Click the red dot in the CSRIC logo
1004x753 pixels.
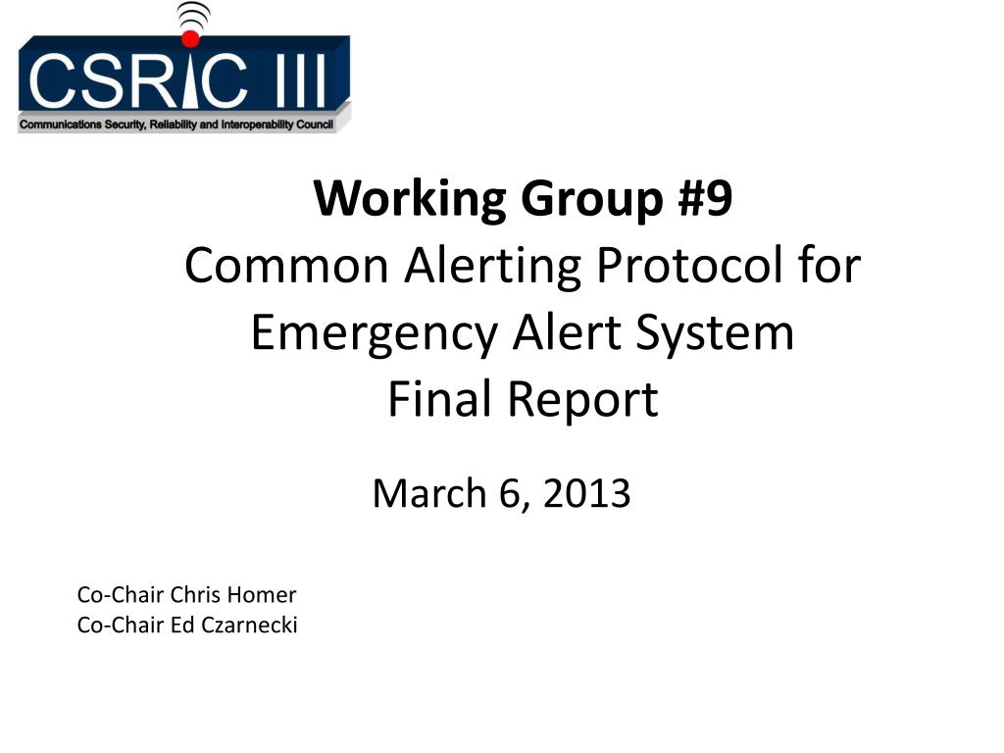coord(190,38)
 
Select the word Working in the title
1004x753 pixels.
coord(410,199)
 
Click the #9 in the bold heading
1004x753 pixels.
coord(705,198)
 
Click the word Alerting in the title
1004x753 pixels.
coord(493,268)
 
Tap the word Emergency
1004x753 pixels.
coord(374,335)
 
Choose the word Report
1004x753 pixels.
coord(582,401)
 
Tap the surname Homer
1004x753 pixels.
coord(261,595)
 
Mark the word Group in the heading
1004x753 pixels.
coord(592,200)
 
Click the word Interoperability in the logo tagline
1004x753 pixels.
coord(258,125)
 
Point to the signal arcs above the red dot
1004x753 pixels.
coord(193,16)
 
